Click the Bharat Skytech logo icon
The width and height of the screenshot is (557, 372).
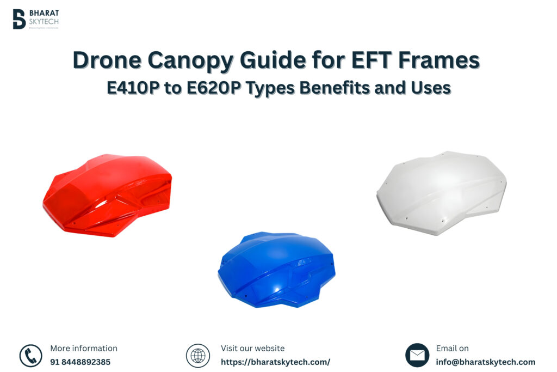click(19, 19)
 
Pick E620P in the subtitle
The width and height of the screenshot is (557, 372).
click(215, 87)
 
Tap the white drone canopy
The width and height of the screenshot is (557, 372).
click(441, 192)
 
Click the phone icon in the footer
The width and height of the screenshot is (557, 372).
click(30, 356)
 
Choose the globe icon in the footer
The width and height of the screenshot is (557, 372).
click(197, 356)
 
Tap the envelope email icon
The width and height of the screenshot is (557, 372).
click(417, 355)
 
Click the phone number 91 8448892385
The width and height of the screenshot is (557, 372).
click(80, 362)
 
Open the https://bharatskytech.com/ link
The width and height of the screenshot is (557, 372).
click(275, 362)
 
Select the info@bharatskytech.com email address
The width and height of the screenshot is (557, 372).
click(485, 362)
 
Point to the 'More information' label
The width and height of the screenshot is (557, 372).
click(84, 348)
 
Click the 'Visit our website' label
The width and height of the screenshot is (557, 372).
click(252, 348)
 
